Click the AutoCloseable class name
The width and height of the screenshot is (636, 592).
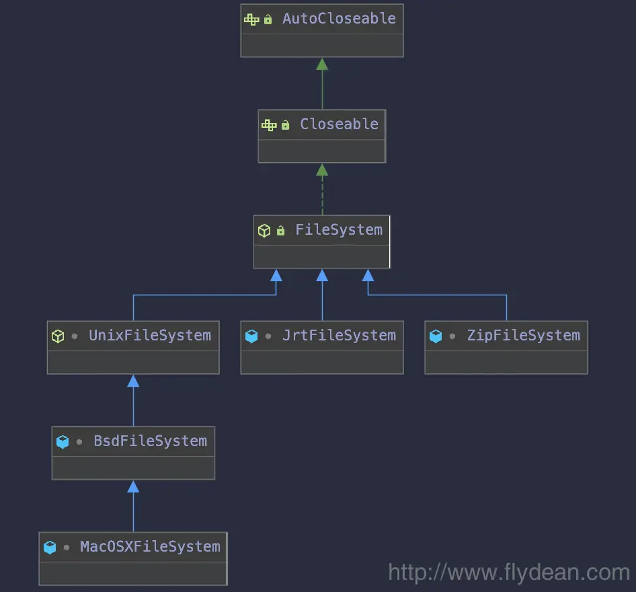339,19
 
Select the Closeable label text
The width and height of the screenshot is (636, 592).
339,124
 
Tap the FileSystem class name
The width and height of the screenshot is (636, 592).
339,230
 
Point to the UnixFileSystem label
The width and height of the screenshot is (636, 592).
150,336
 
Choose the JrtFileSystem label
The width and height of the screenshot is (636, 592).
339,336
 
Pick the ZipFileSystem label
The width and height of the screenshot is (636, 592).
523,336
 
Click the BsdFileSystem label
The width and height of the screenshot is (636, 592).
150,441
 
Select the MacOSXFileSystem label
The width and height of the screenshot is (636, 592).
150,547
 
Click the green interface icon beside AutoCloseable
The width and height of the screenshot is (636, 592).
251,20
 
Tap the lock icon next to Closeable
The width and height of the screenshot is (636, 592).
286,125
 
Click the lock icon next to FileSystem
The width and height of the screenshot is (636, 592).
281,231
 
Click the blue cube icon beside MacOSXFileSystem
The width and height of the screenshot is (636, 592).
49,548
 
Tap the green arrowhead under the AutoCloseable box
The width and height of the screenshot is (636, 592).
322,64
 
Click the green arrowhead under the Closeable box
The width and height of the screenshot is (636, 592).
322,170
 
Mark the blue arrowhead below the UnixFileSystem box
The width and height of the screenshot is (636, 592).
133,381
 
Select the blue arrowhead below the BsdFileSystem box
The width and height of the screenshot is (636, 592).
133,486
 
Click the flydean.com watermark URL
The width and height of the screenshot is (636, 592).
509,572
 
